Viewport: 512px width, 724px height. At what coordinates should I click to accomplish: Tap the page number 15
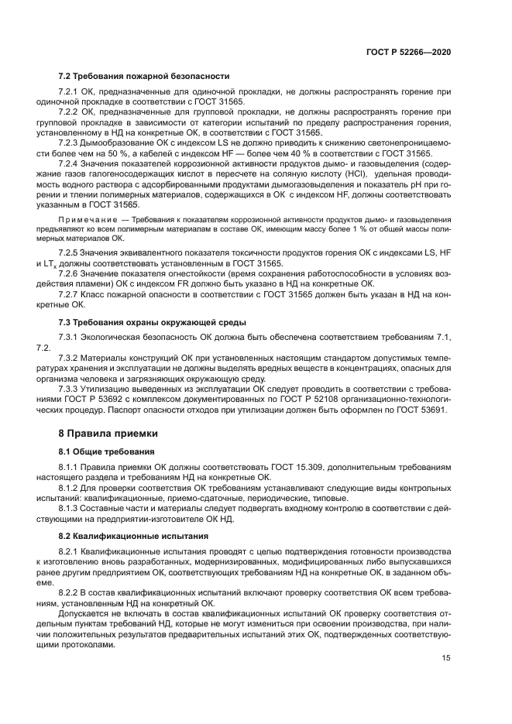coord(445,659)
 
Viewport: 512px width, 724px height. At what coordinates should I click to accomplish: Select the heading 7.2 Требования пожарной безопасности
coord(144,77)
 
